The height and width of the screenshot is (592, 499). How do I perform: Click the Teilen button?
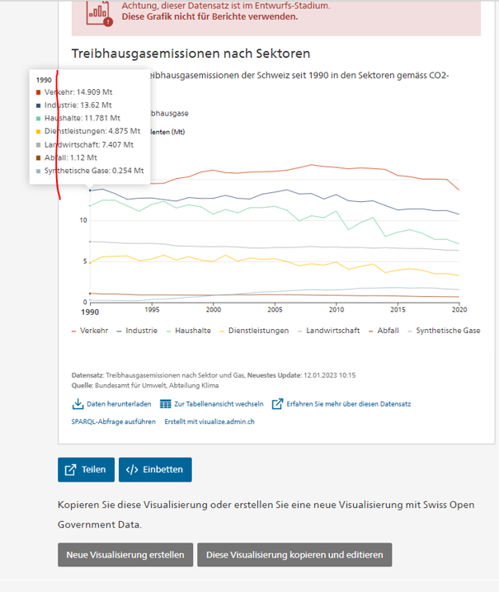coord(87,469)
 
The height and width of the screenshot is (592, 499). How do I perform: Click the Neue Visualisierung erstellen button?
coord(125,555)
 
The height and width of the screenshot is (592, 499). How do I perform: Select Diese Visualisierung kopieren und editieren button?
coord(294,555)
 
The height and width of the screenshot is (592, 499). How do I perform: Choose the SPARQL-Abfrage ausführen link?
coord(114,421)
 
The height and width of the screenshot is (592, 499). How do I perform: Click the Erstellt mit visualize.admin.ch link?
coord(209,421)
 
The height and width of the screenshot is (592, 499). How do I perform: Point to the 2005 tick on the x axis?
coord(274,310)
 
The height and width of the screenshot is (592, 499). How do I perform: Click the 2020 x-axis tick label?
coord(458,310)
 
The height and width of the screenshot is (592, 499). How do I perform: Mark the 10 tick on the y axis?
coord(83,220)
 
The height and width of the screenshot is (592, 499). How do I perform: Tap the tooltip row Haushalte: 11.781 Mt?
coord(82,118)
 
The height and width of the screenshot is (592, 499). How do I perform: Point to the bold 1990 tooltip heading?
coord(45,80)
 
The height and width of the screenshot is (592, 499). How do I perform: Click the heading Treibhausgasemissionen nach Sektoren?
coord(191,54)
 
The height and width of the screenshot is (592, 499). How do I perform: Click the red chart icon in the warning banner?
coord(100,11)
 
